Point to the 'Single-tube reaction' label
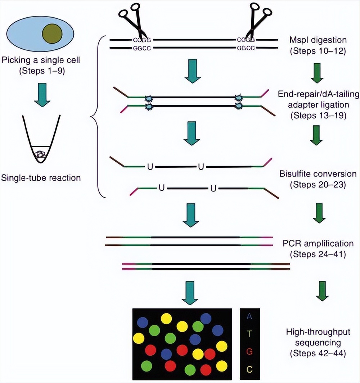pos(41,177)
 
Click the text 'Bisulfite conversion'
pos(318,174)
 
